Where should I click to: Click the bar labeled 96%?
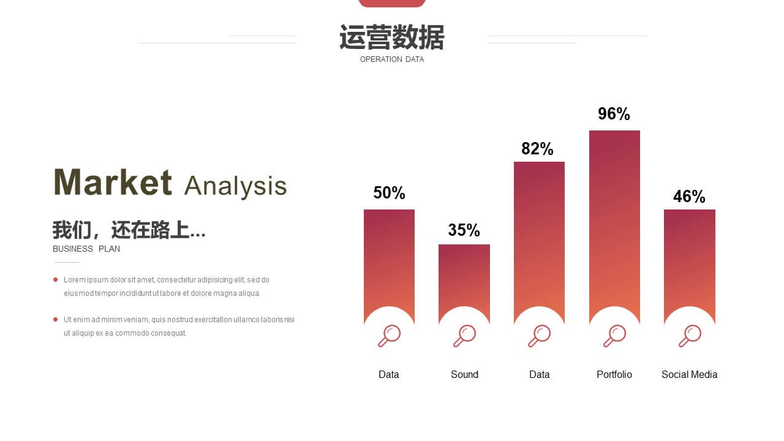(614, 217)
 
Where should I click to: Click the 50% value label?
(389, 192)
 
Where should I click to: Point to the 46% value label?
(689, 197)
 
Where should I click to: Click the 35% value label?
(464, 230)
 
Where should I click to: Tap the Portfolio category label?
(614, 374)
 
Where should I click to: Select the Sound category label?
(464, 374)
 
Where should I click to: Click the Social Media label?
(690, 374)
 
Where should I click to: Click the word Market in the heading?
(113, 182)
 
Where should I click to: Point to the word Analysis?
(236, 187)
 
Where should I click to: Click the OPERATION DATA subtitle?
(392, 59)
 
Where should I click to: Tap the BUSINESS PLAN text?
(86, 249)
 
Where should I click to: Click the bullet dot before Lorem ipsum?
(55, 280)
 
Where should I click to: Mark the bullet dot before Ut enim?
(55, 319)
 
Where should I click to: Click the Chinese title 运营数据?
(392, 37)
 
